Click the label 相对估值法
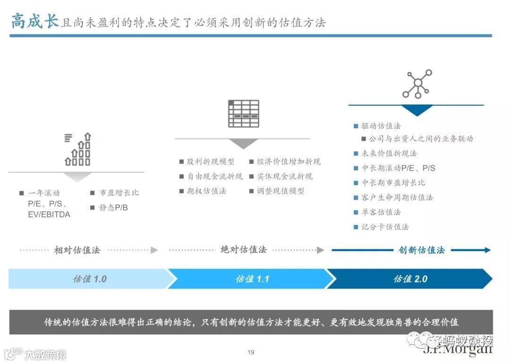pos(77,250)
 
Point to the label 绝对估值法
pos(244,250)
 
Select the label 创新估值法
pos(422,250)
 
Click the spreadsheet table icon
pos(244,113)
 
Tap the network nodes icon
pos(417,84)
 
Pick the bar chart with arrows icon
pos(77,149)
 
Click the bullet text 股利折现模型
pos(211,162)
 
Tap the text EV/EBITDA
pos(49,215)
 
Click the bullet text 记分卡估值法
pos(385,227)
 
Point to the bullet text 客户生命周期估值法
pos(397,198)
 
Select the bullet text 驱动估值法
pos(381,126)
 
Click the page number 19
pos(251,352)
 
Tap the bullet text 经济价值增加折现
pos(289,162)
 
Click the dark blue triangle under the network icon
pos(417,110)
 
